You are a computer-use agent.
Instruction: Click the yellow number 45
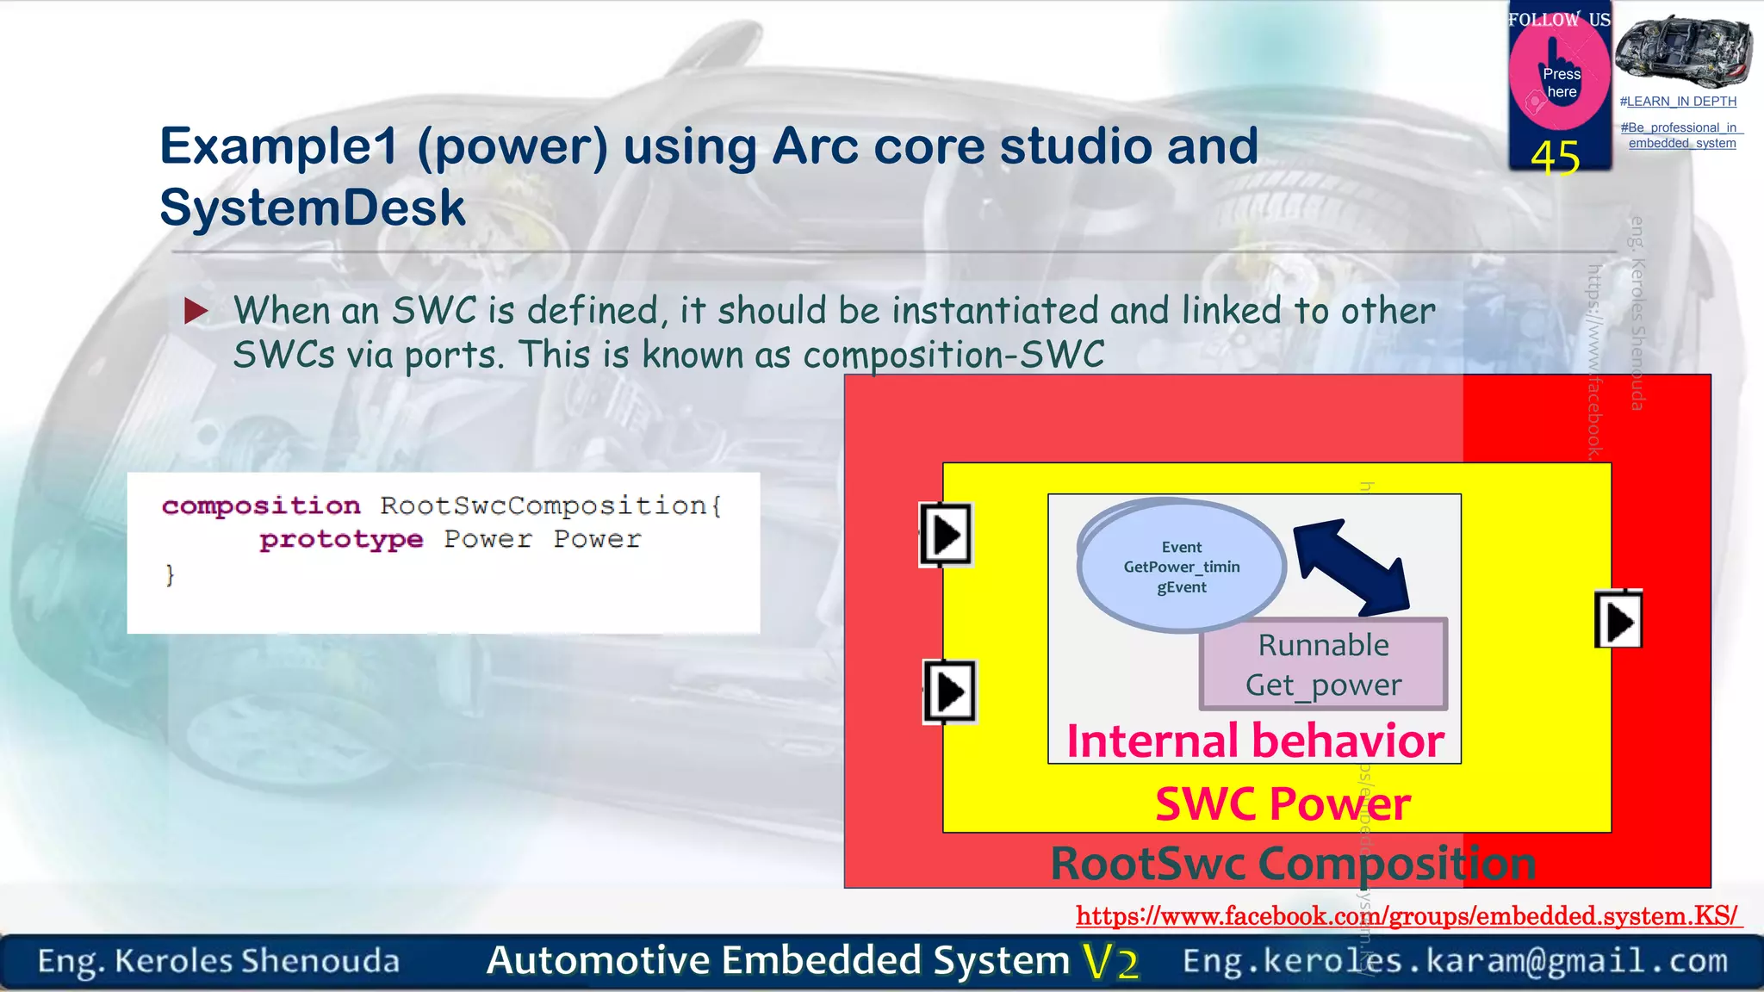coord(1556,158)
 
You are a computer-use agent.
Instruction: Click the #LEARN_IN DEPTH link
coord(1678,102)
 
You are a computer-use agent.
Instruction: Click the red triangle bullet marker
coord(196,311)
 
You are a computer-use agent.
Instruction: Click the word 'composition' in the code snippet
coord(261,505)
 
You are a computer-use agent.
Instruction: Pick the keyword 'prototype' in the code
coord(341,540)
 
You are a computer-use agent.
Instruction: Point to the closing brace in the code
coord(170,574)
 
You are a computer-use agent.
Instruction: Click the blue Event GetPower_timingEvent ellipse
coord(1181,567)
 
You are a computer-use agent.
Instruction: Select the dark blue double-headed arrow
coord(1351,567)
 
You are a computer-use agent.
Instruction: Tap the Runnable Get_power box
coord(1323,665)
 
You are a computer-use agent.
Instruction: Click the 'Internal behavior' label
coord(1255,741)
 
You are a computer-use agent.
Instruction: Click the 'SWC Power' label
coord(1282,804)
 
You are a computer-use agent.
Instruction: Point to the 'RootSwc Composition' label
coord(1292,864)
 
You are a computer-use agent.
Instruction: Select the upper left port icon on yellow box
coord(946,535)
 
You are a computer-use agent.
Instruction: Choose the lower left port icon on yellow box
coord(949,691)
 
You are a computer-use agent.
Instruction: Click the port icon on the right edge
coord(1618,621)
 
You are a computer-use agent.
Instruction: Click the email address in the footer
coord(1455,961)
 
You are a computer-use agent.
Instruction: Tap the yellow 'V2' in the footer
coord(1110,962)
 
